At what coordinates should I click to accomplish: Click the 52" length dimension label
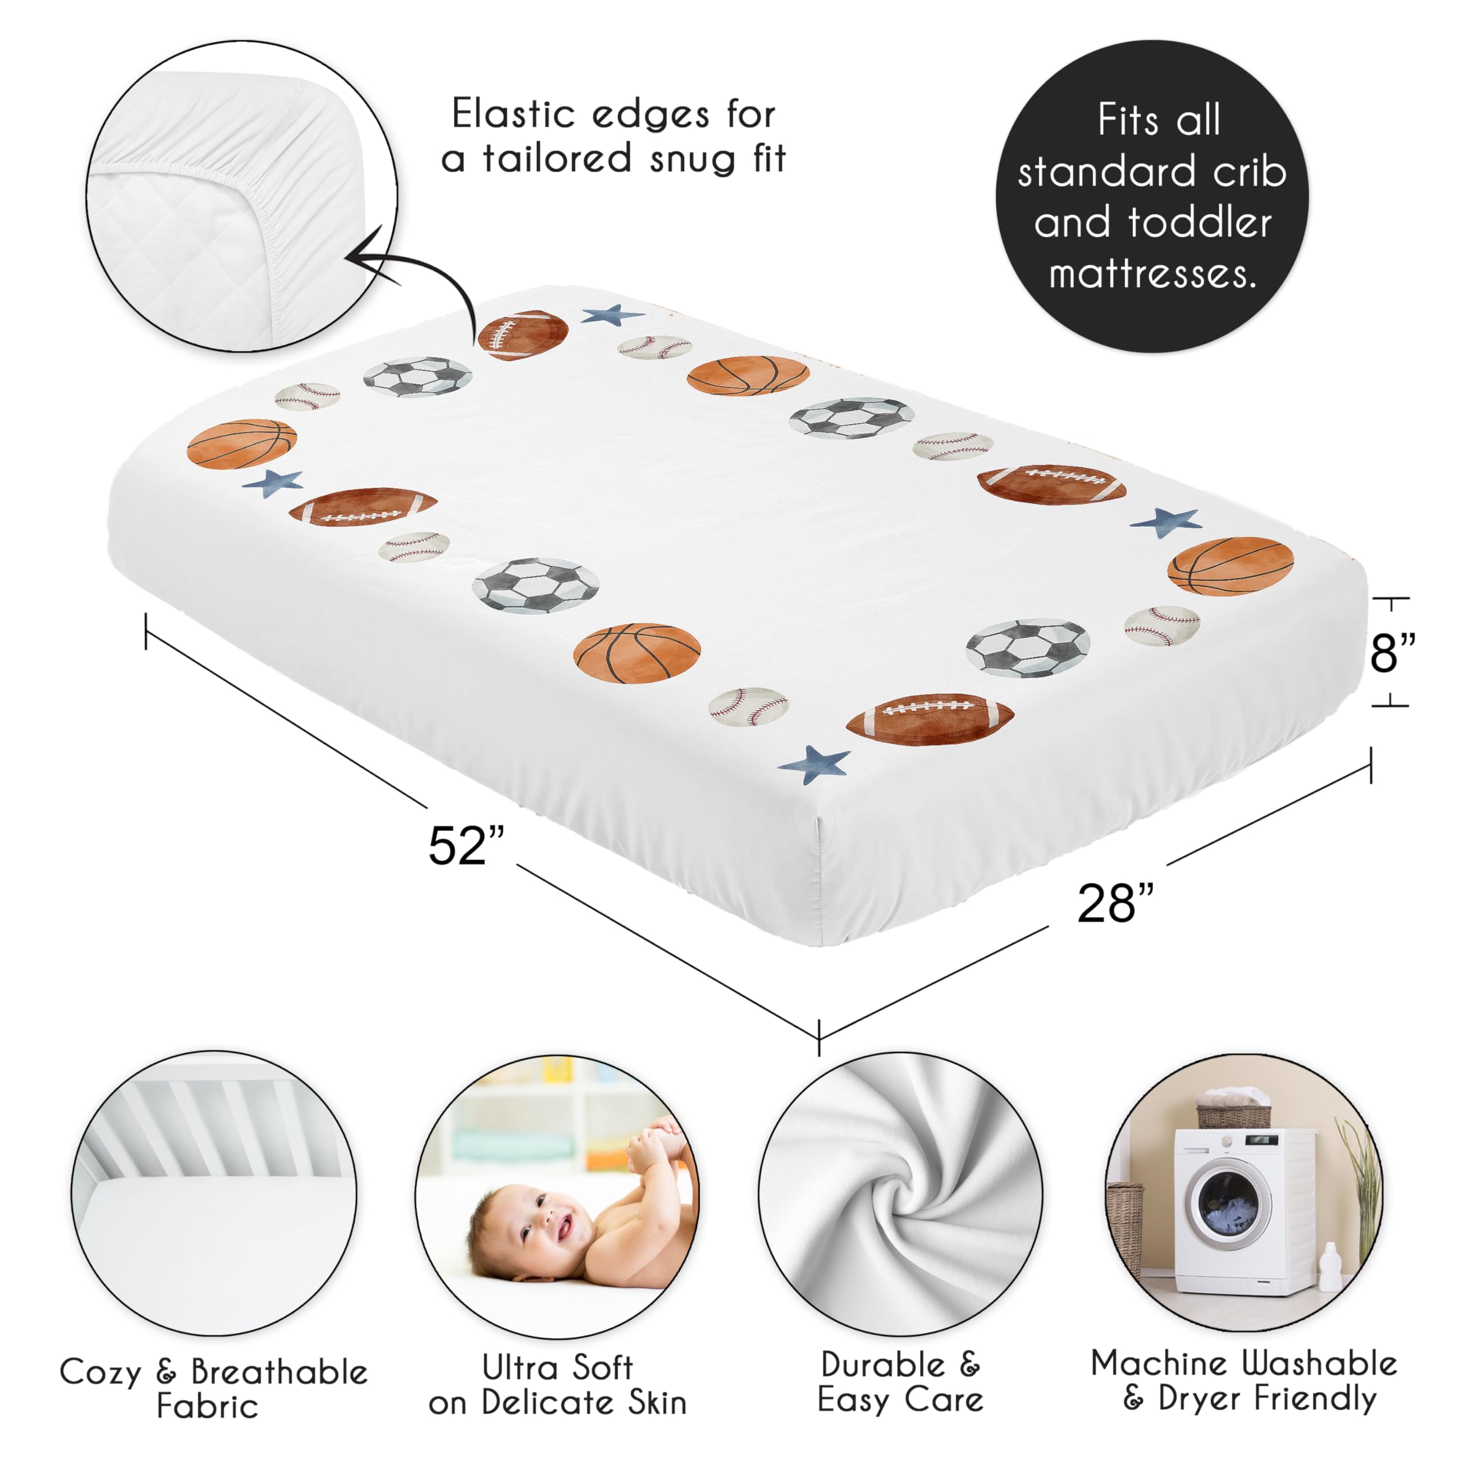(x=466, y=846)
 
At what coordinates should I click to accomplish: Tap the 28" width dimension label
(x=1115, y=902)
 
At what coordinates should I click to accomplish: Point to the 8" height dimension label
(x=1392, y=652)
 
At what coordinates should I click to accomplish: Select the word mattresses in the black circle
(x=1152, y=273)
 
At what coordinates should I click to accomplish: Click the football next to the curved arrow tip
(x=522, y=333)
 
